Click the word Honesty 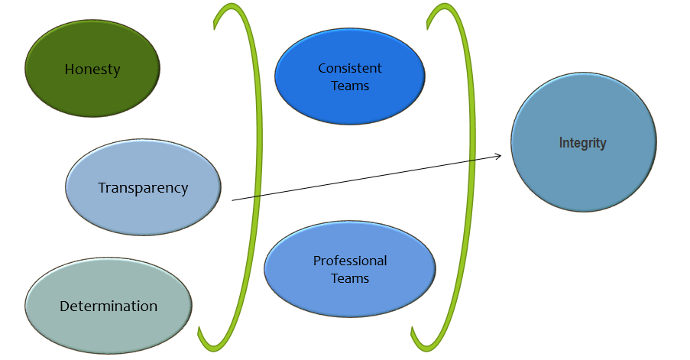tap(92, 70)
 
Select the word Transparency tap(143, 188)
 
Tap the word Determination tap(109, 306)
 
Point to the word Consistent tap(350, 69)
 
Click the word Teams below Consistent tap(350, 86)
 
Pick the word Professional tap(350, 261)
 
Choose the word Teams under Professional tap(350, 279)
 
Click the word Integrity tap(582, 143)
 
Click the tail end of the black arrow tap(233, 200)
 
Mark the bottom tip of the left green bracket tap(200, 330)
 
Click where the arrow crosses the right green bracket tap(471, 160)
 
